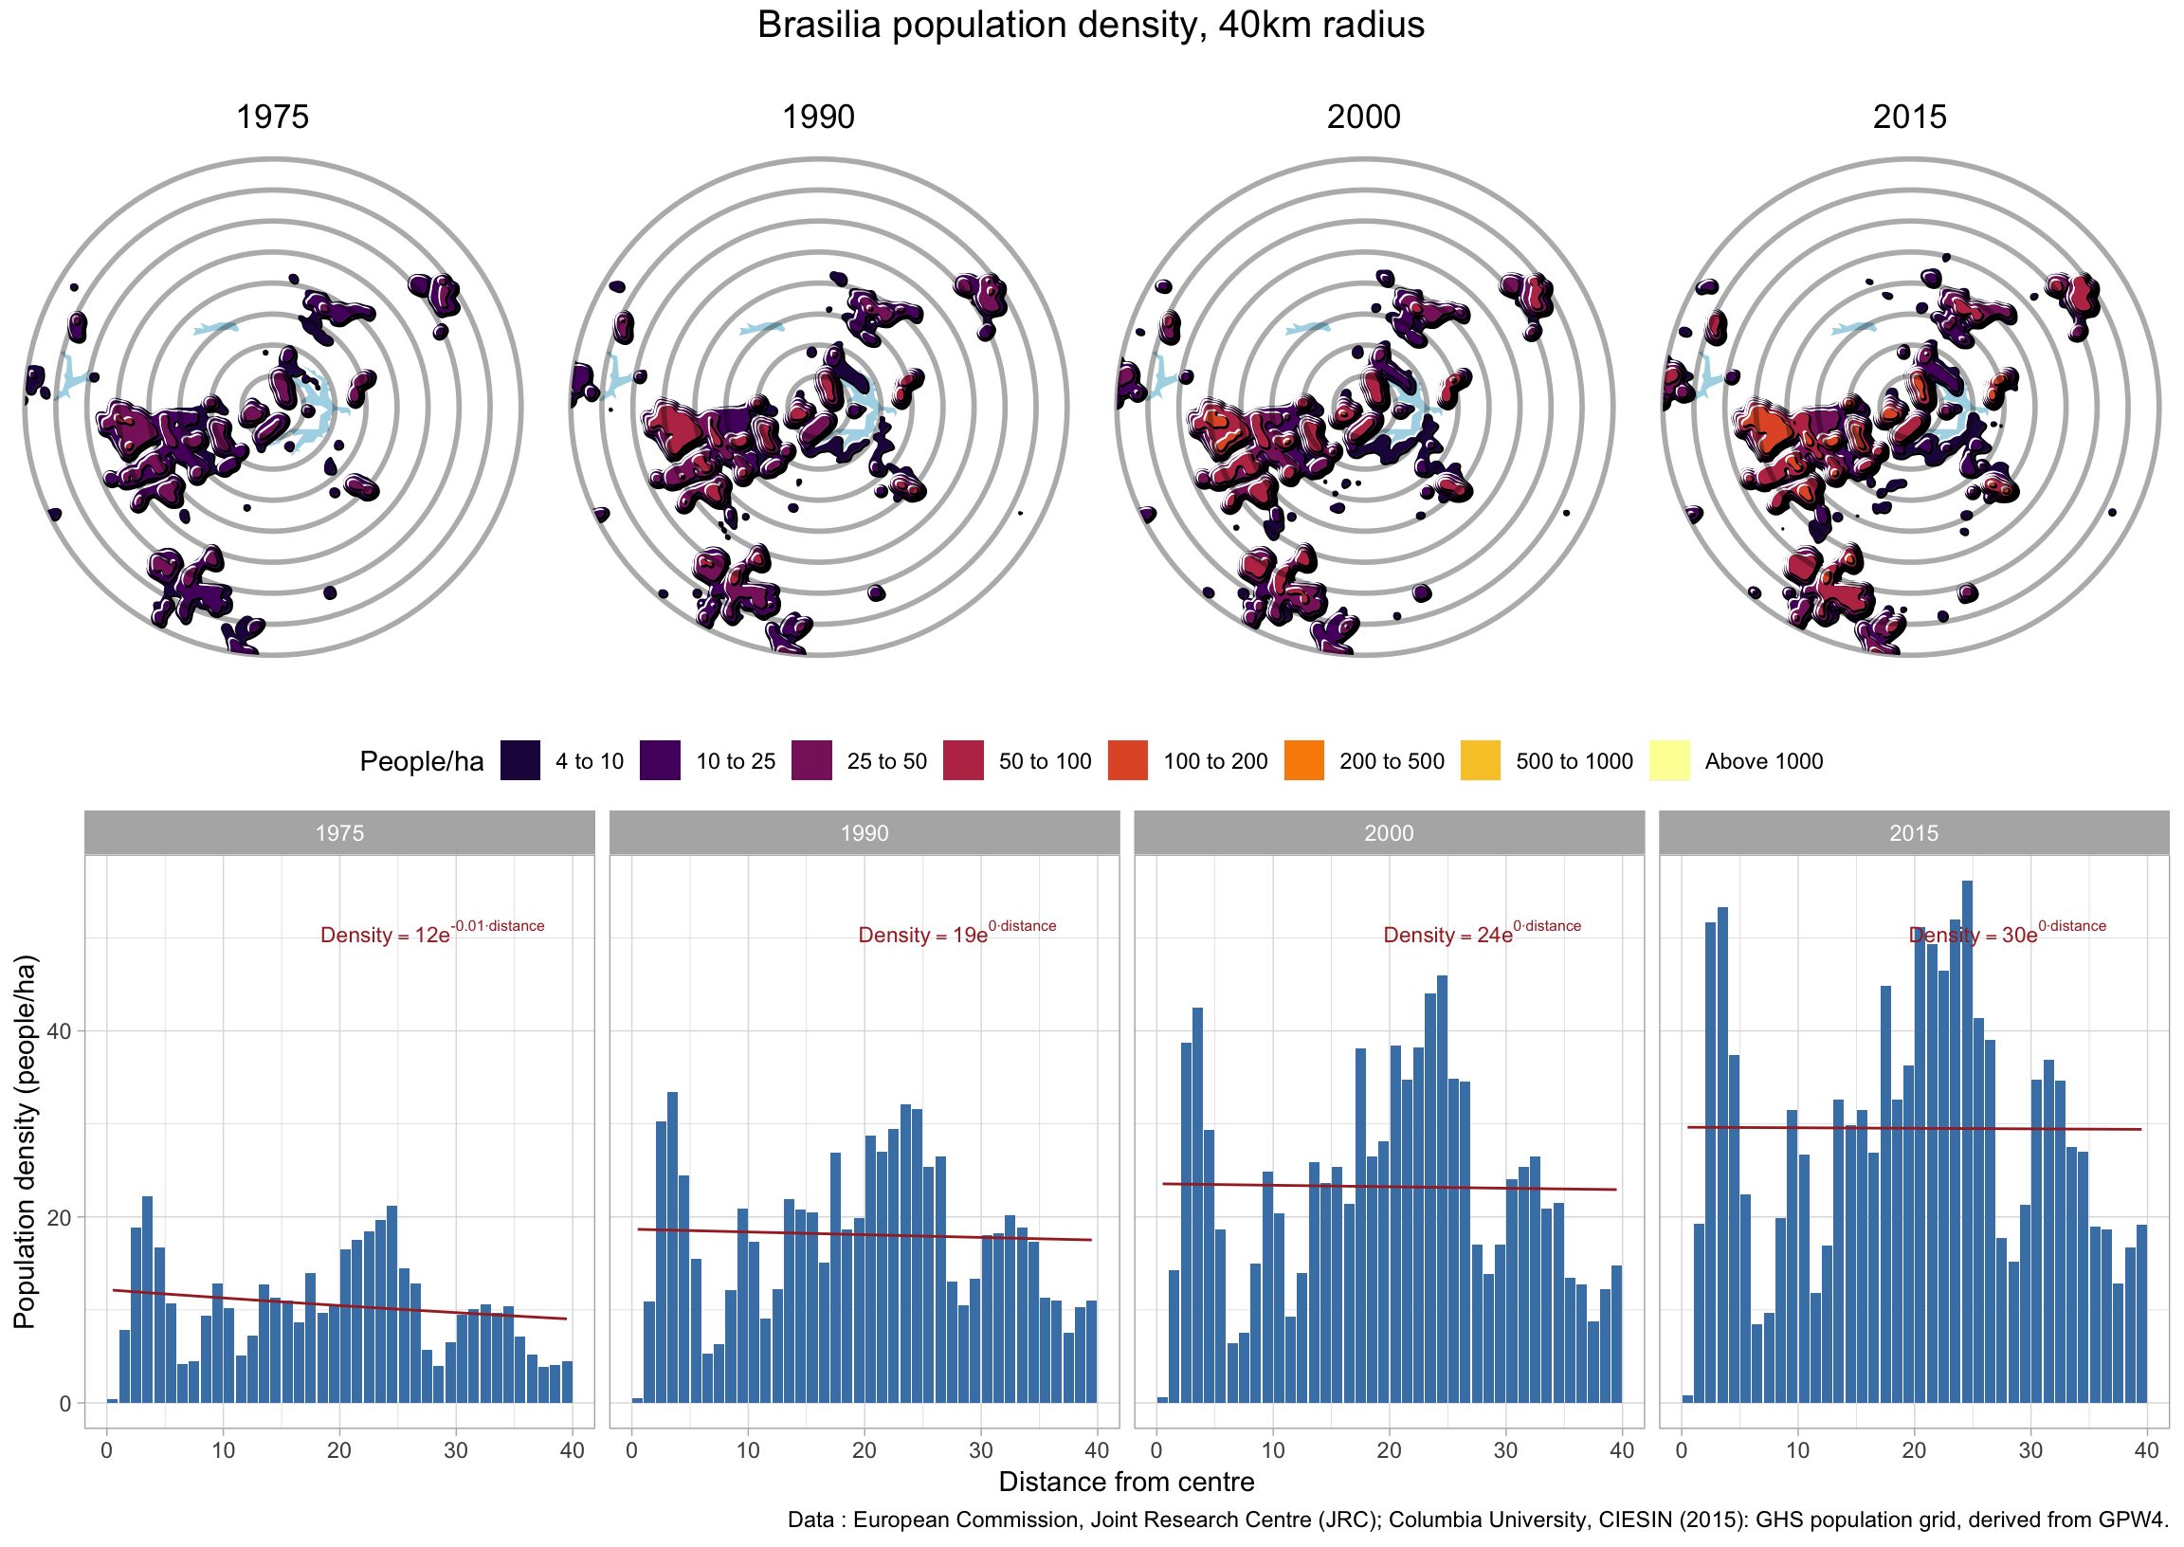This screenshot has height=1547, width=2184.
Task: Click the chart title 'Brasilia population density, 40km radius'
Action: [1090, 26]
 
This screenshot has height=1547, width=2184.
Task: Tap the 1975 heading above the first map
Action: [272, 118]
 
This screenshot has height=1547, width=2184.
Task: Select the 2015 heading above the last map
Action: [1909, 118]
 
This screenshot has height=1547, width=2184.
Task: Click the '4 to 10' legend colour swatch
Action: [520, 760]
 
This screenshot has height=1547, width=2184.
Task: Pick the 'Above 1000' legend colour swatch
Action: [1668, 760]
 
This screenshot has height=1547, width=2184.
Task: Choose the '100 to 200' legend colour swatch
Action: [1128, 760]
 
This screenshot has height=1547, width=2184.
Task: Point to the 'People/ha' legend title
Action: [421, 761]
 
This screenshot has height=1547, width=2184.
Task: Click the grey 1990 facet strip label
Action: [864, 832]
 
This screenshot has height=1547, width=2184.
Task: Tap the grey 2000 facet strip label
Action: [1389, 832]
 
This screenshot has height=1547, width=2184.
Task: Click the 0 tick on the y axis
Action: [64, 1403]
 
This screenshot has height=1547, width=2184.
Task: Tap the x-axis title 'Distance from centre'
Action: [1126, 1483]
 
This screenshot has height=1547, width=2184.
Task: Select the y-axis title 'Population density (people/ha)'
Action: [25, 1141]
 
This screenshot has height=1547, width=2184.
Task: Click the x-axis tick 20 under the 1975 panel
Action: [339, 1451]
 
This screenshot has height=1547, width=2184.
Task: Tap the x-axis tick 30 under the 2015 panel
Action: [2030, 1451]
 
